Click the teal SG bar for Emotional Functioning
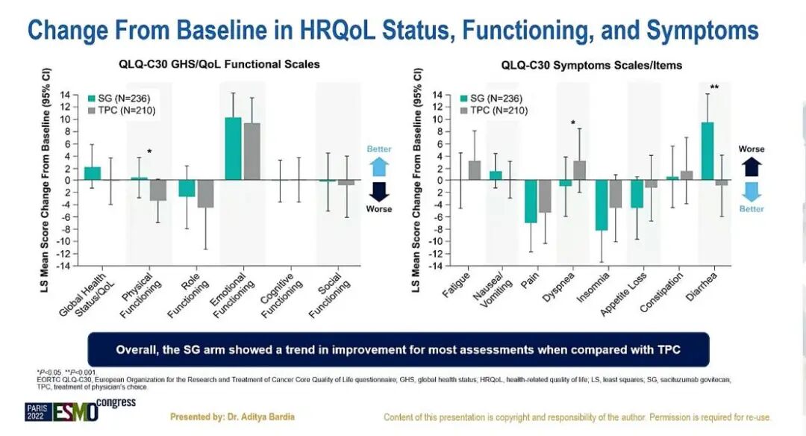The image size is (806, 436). pos(234,149)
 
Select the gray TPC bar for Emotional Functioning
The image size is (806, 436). pos(252,152)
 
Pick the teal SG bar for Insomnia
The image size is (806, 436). pos(602,205)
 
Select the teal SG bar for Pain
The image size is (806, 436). pos(531,202)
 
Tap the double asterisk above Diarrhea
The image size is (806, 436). pos(714,87)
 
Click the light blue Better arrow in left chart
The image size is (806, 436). pos(379,166)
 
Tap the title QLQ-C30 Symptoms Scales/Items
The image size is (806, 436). pos(591,65)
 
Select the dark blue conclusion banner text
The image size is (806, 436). pos(399,349)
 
